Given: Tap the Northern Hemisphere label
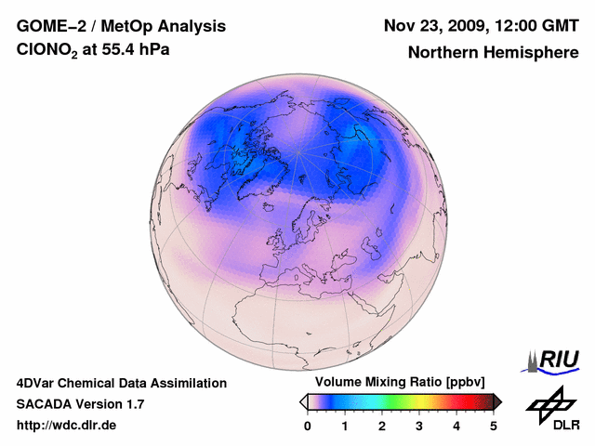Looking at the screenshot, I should click(x=494, y=52).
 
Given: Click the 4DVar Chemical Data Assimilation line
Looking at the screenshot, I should click(x=121, y=383).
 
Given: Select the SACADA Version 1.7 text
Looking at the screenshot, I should click(x=80, y=404).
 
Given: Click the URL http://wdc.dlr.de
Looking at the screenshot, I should click(x=67, y=426).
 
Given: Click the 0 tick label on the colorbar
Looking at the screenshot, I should click(x=308, y=426).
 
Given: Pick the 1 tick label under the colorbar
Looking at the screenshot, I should click(x=345, y=426).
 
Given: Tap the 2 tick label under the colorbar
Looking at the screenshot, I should click(x=382, y=426).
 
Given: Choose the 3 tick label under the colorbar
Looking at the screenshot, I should click(x=419, y=426).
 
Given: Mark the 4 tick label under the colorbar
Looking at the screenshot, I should click(x=456, y=426).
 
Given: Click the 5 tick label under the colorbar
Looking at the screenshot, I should click(x=494, y=426).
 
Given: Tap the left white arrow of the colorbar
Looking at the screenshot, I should click(x=303, y=401).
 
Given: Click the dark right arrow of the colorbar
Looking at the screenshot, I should click(x=497, y=401).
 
